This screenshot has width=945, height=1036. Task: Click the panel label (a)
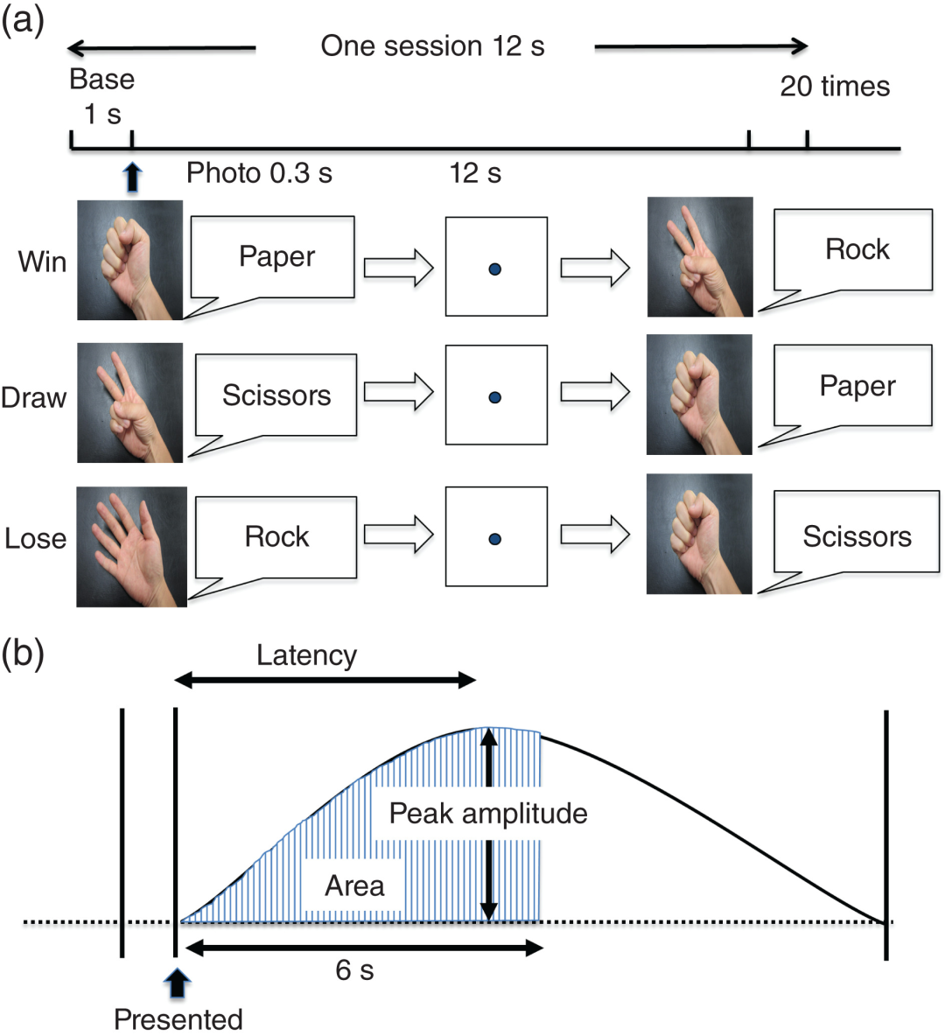coord(23,20)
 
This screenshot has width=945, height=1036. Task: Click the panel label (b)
coord(23,654)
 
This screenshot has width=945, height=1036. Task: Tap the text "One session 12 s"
coord(432,46)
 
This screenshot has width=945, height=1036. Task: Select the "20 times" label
coord(835,87)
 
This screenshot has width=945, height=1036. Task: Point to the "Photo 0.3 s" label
coord(259,173)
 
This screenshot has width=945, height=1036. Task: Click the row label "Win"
coord(42,262)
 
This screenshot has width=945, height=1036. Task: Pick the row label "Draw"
coord(34,398)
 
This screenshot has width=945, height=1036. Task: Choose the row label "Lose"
coord(35,538)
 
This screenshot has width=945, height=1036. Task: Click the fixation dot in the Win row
coord(495,269)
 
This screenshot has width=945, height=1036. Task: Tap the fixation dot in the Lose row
coord(495,539)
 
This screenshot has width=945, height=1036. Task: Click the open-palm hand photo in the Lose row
coord(131,547)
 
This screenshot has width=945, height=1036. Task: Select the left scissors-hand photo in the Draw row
coord(129,402)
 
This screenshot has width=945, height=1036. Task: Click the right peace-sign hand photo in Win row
coord(699,256)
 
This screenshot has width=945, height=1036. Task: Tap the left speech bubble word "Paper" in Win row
coord(276,257)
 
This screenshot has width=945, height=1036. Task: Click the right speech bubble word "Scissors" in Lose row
coord(857,536)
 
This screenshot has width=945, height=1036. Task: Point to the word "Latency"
coord(306,656)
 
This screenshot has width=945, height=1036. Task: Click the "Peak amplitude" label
coord(487,814)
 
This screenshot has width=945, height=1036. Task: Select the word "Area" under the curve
coord(354,886)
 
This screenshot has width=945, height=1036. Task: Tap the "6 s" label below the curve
coord(354,970)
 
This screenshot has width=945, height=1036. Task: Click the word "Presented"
coord(178,1019)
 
